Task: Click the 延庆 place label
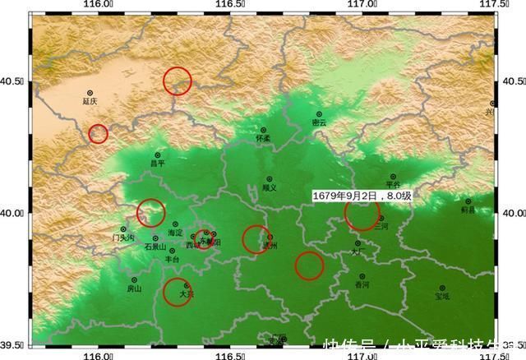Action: click(x=90, y=102)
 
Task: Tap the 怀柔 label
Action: click(x=263, y=140)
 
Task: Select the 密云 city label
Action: click(x=319, y=122)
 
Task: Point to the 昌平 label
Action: click(x=158, y=163)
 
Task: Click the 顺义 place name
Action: click(x=269, y=187)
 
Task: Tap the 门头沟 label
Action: click(x=123, y=238)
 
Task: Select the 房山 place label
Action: click(x=134, y=288)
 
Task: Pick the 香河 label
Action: click(x=362, y=284)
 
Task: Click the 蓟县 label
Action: click(x=468, y=210)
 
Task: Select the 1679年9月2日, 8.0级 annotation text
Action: click(x=362, y=196)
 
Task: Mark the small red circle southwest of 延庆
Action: click(x=98, y=133)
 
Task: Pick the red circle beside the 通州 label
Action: click(x=256, y=239)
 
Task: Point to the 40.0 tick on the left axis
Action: click(x=16, y=214)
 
